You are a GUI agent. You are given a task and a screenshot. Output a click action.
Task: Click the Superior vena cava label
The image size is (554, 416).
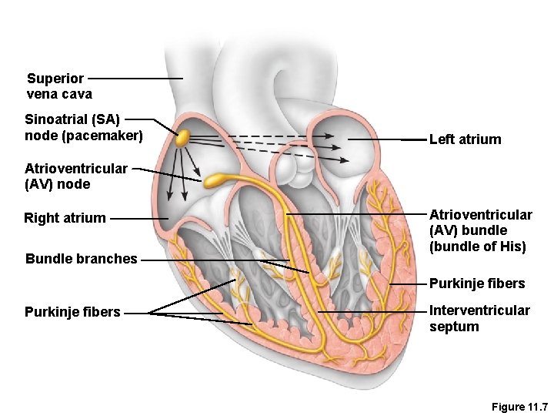point(59,86)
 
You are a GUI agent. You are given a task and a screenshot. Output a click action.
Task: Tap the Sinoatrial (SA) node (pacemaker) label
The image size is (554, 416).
point(84,128)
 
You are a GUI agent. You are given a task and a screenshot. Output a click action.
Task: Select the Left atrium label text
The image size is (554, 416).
point(465,139)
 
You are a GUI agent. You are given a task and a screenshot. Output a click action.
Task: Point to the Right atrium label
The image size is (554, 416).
point(65,218)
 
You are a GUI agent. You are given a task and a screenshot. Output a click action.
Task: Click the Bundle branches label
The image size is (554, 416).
point(82,259)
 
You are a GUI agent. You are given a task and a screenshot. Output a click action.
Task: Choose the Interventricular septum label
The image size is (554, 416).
point(479,318)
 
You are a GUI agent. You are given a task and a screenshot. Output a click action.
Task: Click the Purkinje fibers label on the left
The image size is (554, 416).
point(72,312)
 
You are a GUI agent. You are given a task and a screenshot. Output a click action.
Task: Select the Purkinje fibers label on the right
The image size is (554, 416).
point(477,283)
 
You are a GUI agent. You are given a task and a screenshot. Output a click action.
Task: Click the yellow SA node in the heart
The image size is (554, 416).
point(182,139)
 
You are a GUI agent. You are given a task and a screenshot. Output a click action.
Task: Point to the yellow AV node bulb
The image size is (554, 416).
point(213,181)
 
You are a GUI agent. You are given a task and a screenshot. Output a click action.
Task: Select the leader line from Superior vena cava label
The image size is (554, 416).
point(135,78)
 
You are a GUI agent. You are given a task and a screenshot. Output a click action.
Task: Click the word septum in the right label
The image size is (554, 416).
point(454,327)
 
